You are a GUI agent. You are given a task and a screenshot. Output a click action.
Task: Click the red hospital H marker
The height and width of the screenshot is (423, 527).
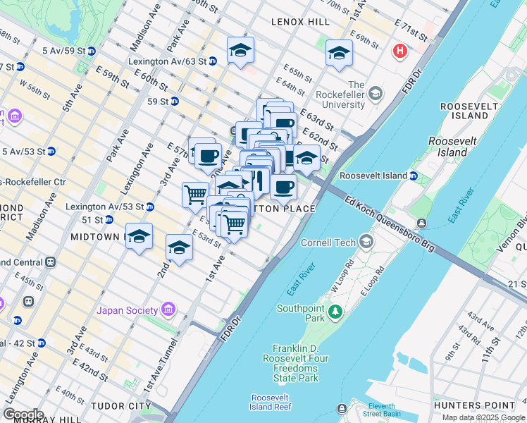pyautogui.click(x=400, y=51)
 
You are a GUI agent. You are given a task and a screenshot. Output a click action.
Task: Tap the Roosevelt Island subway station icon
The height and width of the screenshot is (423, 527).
pyautogui.click(x=414, y=176)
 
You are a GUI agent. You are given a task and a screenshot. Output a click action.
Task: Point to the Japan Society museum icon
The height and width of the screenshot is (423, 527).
pyautogui.click(x=168, y=309)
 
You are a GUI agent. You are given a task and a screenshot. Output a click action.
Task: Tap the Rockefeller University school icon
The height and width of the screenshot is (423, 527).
pyautogui.click(x=376, y=94)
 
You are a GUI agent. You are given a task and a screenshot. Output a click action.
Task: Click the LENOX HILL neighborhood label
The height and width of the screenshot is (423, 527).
pyautogui.click(x=300, y=22)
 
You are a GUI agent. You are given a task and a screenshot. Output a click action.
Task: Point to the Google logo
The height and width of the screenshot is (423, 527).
pyautogui.click(x=23, y=414)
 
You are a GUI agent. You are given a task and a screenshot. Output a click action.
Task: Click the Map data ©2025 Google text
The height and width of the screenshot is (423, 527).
pyautogui.click(x=483, y=417)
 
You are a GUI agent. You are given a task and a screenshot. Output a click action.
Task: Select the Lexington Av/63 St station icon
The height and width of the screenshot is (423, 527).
pyautogui.click(x=213, y=61)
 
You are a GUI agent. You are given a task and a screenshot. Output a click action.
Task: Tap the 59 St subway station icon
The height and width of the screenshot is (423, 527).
pyautogui.click(x=174, y=101)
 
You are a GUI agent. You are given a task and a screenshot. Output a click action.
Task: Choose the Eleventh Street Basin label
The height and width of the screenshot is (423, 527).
pyautogui.click(x=381, y=410)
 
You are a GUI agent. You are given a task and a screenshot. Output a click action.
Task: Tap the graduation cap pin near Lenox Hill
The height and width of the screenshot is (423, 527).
pyautogui.click(x=240, y=51)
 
